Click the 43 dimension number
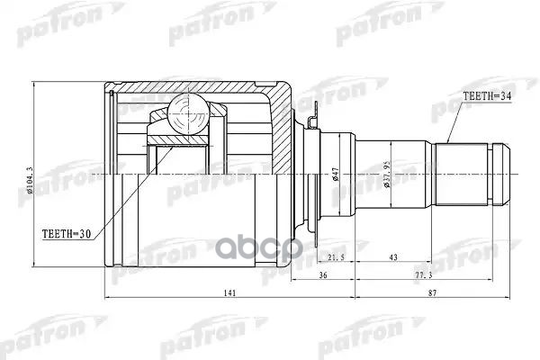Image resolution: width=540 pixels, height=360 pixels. pos(394,259)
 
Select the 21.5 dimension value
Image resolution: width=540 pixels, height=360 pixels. pos(334,259)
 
